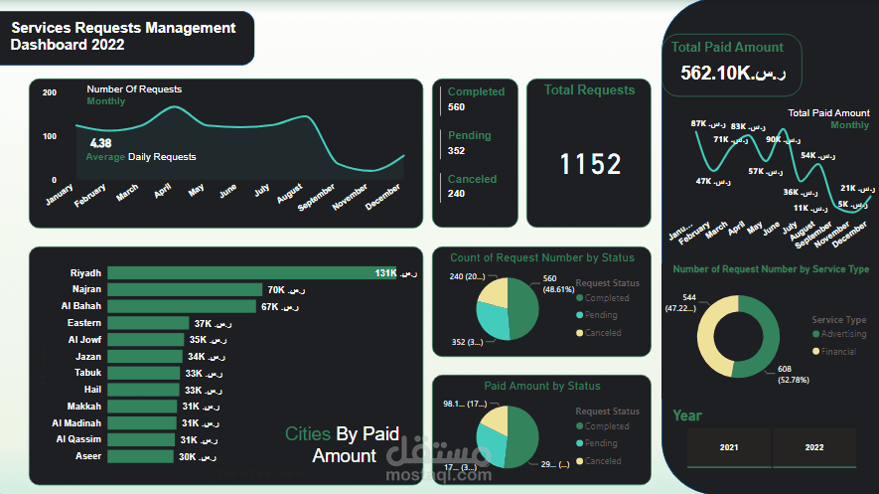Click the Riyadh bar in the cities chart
click(x=248, y=272)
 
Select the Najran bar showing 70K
click(x=185, y=289)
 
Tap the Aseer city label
click(x=86, y=456)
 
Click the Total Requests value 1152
click(x=590, y=164)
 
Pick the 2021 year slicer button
click(x=729, y=447)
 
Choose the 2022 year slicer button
click(x=814, y=447)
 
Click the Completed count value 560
click(x=457, y=107)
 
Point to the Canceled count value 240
click(x=457, y=194)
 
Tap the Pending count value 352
click(x=457, y=151)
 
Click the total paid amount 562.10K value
click(x=733, y=73)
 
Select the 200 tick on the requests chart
click(x=50, y=92)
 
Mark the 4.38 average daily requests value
click(x=100, y=143)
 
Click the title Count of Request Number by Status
click(x=541, y=258)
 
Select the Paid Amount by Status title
click(x=541, y=386)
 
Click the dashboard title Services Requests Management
click(x=123, y=29)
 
